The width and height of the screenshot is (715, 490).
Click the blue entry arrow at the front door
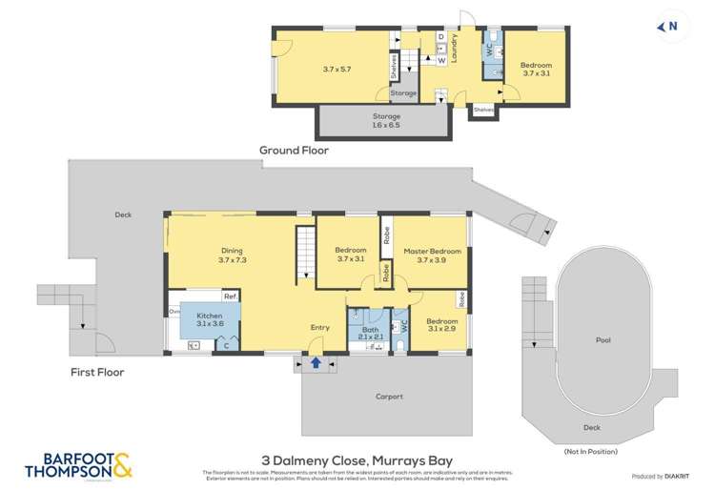tap(316, 362)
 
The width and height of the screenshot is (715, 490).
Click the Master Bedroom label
tap(432, 256)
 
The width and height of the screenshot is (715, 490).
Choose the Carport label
tap(389, 397)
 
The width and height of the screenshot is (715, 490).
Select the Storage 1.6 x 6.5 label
tap(386, 120)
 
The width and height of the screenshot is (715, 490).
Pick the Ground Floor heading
tap(295, 151)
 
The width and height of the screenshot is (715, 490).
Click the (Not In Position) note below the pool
tap(590, 451)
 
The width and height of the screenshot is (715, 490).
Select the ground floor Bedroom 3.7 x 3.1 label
tap(535, 70)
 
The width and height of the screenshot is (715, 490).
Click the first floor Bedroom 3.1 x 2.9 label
tap(440, 326)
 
